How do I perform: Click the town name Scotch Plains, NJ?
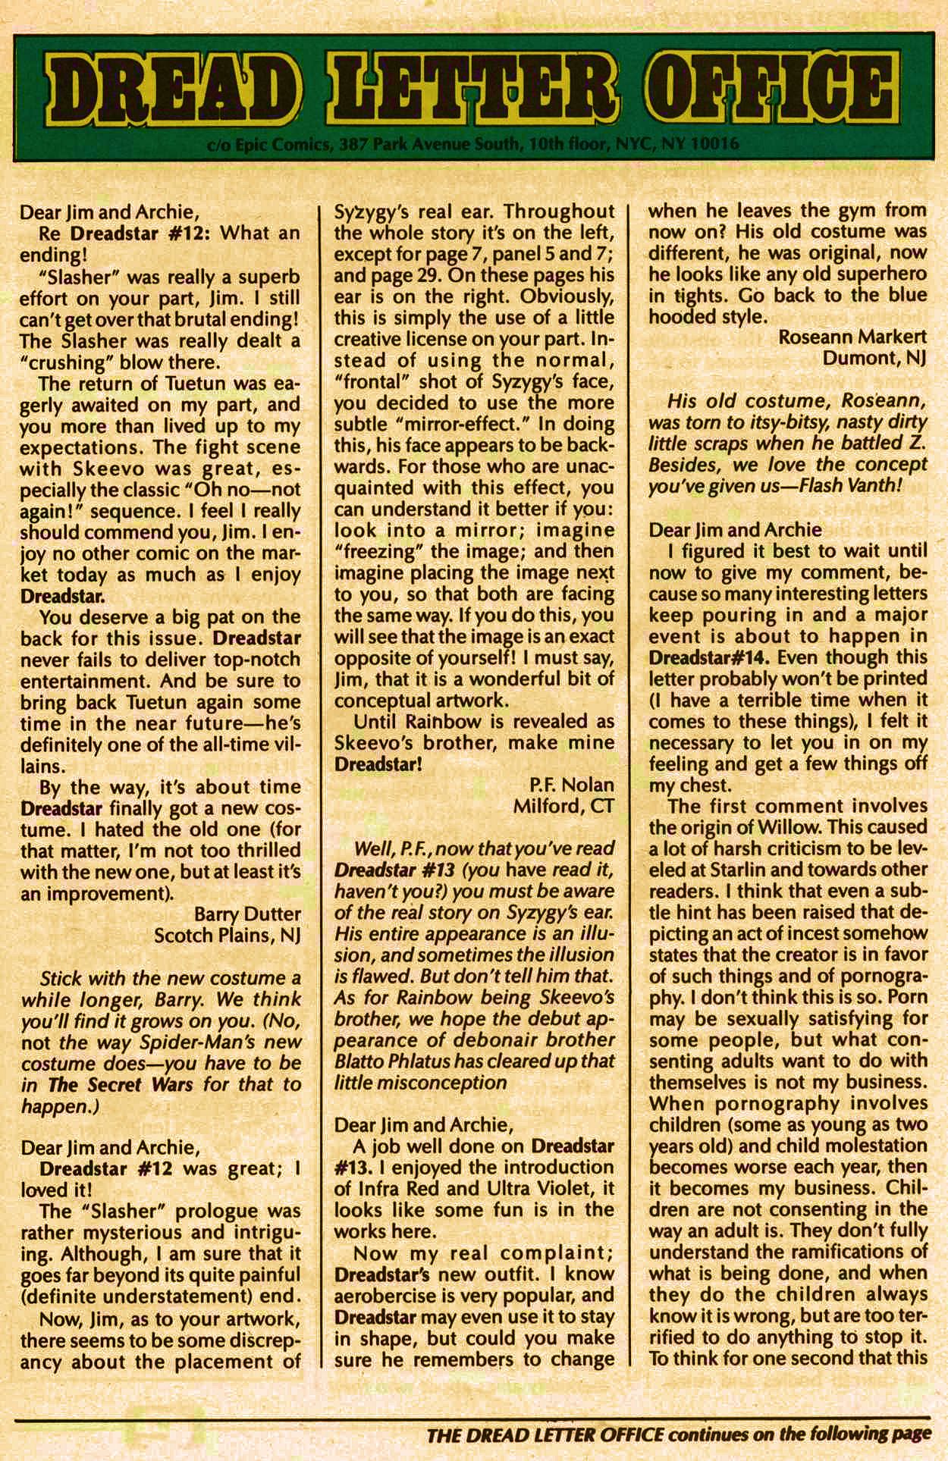(227, 936)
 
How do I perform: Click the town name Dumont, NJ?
(874, 359)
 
